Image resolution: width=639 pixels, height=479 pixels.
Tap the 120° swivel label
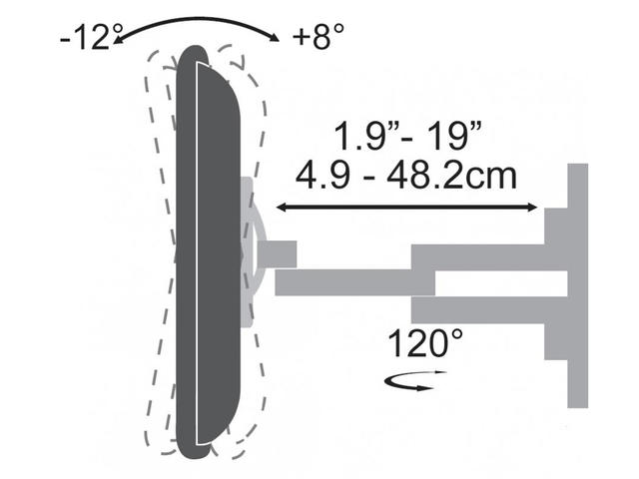point(425,343)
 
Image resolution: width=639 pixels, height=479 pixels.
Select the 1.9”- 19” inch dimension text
point(407,136)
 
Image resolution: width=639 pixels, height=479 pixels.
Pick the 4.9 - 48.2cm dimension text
point(406,176)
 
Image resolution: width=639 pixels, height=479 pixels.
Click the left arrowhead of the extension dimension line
point(281,208)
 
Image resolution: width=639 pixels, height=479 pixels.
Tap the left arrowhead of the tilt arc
point(118,40)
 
